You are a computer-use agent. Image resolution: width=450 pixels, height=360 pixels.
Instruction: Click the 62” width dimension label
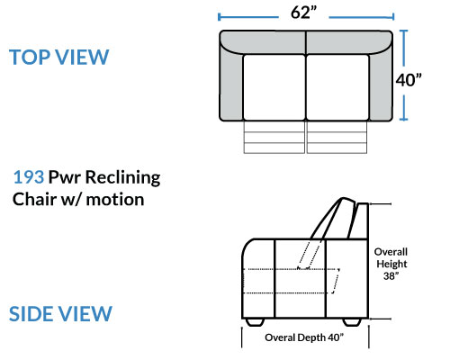tap(303, 13)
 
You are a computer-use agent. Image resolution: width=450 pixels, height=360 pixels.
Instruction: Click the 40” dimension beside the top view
tap(409, 80)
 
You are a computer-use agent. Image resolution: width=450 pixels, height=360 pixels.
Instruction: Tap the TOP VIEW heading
tap(58, 57)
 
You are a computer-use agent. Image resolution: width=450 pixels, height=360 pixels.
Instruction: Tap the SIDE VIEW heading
tap(60, 314)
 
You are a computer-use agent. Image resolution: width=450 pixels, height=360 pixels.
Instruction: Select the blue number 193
tap(29, 177)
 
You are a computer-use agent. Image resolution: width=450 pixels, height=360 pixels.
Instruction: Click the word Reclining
tap(123, 178)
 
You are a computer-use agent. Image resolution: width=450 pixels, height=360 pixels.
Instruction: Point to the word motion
tap(115, 200)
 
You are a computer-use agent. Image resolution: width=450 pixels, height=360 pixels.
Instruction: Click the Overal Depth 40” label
tap(304, 337)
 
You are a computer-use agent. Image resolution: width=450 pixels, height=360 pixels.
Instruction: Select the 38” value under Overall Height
tap(391, 275)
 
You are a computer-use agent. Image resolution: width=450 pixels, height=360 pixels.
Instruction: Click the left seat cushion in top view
tap(274, 87)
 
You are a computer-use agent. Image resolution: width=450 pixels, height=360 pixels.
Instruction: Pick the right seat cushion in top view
tap(337, 87)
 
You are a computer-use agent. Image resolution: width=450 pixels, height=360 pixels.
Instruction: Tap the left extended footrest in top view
tap(274, 137)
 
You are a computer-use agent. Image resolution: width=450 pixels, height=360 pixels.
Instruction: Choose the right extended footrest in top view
tap(337, 137)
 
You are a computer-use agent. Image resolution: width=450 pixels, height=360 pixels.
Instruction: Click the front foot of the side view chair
tap(255, 322)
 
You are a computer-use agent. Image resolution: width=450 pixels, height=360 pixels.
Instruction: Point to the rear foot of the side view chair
tap(352, 322)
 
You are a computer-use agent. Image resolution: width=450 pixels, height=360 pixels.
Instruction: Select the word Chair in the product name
tap(34, 199)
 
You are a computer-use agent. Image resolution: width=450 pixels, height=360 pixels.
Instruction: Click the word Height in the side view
tap(391, 264)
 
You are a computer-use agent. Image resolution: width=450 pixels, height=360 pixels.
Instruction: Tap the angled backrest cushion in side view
tap(331, 219)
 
